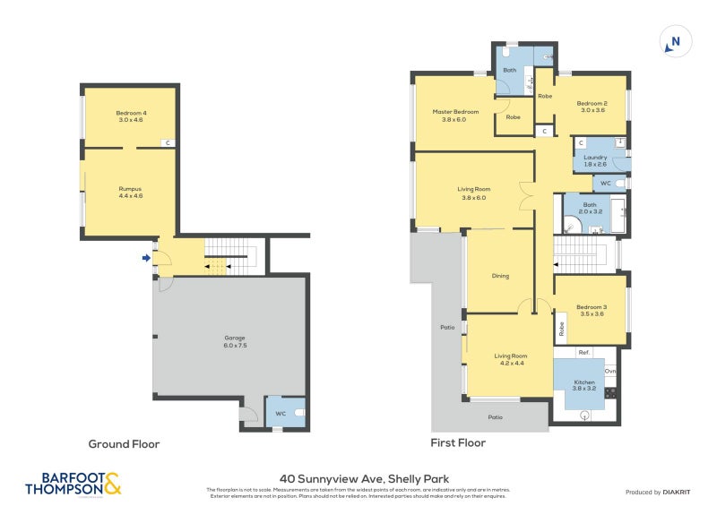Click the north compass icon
click(676, 42)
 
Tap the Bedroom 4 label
click(131, 116)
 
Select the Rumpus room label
click(131, 192)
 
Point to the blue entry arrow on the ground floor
click(146, 260)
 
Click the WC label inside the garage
click(281, 413)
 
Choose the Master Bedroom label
click(455, 116)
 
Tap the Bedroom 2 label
click(592, 107)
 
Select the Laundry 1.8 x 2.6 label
click(595, 161)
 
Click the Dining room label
click(500, 276)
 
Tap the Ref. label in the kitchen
click(583, 352)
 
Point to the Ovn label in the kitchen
click(610, 371)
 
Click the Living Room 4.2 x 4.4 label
click(508, 359)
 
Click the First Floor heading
click(459, 442)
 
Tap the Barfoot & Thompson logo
click(73, 484)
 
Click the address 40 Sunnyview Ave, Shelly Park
click(358, 479)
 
